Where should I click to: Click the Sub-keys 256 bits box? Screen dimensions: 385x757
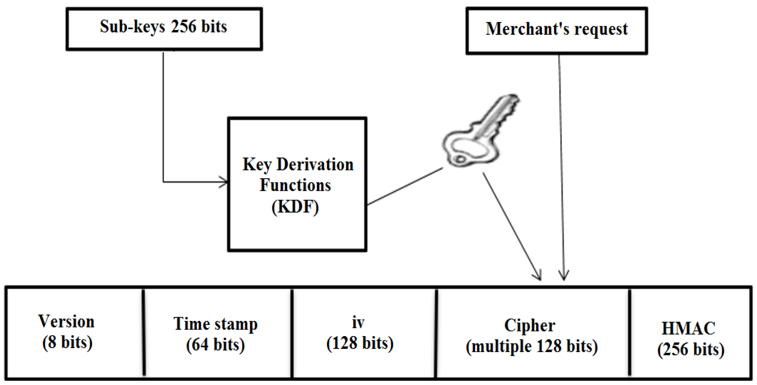pos(164,29)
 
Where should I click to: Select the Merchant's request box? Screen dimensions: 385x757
pos(556,31)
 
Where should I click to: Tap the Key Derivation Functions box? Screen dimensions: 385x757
pos(297,184)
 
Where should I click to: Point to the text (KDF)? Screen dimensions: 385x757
pos(295,207)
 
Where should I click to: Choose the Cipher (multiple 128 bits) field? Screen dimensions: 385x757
pos(532,335)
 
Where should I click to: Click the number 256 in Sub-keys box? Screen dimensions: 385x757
pos(183,26)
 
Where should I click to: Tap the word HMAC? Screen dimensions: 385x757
pos(688,328)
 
